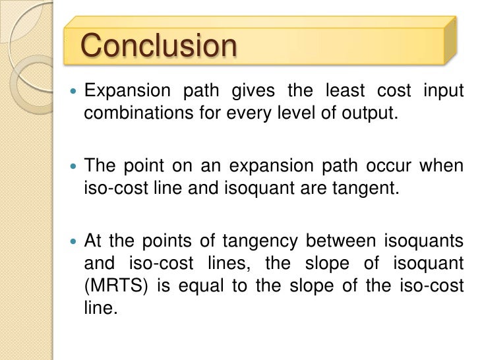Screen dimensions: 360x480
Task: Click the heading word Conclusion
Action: (158, 46)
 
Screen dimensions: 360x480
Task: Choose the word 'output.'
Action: (363, 112)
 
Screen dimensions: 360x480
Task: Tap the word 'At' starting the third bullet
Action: (93, 241)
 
